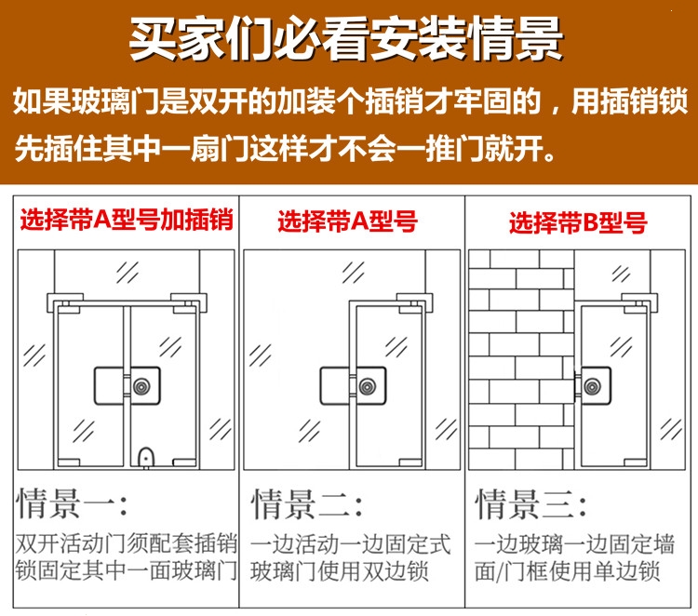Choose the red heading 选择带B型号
click(577, 222)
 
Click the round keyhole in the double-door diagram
click(141, 385)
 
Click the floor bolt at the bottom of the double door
click(143, 457)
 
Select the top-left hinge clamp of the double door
click(60, 301)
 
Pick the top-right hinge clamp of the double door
click(194, 301)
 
